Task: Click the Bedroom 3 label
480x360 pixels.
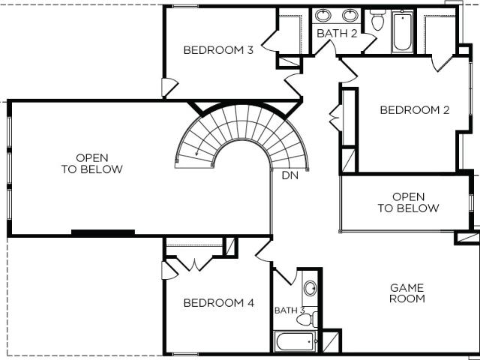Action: (x=218, y=50)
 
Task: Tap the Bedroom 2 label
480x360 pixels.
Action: (x=415, y=110)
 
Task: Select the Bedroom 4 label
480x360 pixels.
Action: (x=219, y=303)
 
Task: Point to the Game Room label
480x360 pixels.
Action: (x=407, y=293)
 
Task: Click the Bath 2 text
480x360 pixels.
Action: (x=337, y=33)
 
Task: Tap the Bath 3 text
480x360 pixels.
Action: (x=289, y=310)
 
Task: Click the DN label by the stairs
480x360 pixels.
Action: (x=290, y=175)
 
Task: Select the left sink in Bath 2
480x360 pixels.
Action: (x=323, y=15)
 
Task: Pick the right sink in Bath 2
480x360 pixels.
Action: (x=350, y=15)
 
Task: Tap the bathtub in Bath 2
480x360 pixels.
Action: (x=402, y=31)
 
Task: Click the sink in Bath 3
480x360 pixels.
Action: (x=310, y=288)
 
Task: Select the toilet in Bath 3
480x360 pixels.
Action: (x=307, y=319)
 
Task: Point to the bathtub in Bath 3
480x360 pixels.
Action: (x=295, y=341)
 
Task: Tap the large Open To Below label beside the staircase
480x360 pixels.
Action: (x=91, y=163)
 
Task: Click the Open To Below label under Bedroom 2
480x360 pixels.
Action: (x=408, y=202)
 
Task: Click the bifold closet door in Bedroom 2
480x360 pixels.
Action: (x=335, y=118)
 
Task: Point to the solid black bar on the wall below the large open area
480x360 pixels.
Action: (x=103, y=232)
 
